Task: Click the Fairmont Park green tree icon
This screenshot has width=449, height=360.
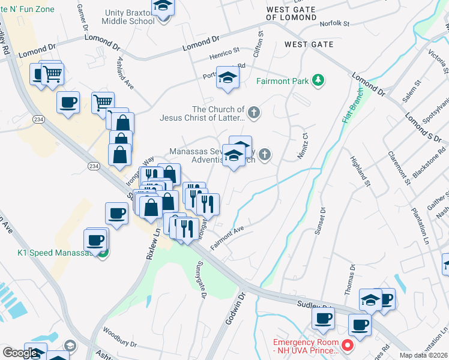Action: [319, 80]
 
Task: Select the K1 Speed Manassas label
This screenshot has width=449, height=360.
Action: [54, 253]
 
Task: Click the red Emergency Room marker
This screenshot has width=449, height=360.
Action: [347, 346]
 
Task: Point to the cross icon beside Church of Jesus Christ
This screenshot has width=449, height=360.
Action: [254, 112]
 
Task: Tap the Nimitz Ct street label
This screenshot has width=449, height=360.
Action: [303, 146]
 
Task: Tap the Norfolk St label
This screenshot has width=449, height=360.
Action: [334, 23]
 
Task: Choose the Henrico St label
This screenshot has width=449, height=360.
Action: [224, 53]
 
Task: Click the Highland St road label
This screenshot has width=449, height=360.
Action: [358, 170]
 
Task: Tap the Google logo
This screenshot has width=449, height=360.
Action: [20, 353]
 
